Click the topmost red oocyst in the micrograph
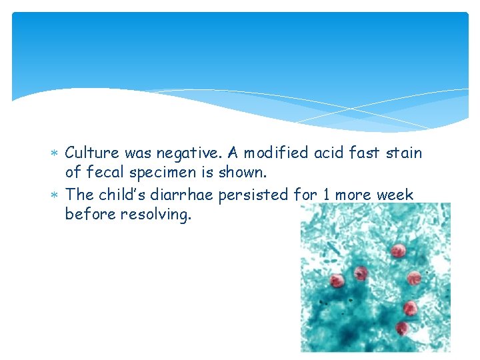[x=398, y=251]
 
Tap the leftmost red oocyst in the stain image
[x=337, y=281]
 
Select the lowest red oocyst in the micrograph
[x=401, y=328]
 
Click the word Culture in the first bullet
[x=92, y=153]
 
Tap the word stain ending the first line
[x=403, y=153]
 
